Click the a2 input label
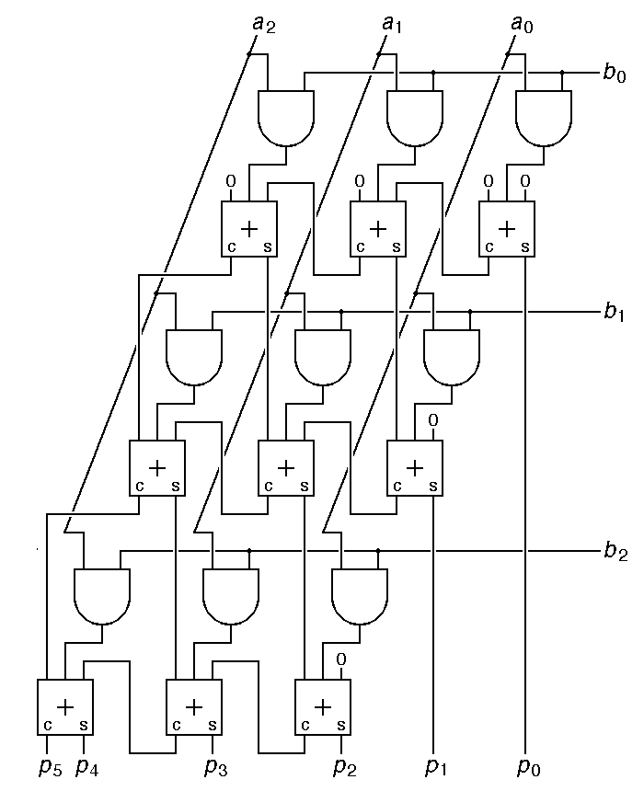[x=263, y=22]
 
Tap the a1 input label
[x=393, y=22]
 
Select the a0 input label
[x=522, y=22]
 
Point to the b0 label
[x=615, y=74]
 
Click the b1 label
[x=615, y=313]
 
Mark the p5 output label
[x=49, y=767]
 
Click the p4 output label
[x=86, y=767]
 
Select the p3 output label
[x=214, y=767]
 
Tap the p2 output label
[x=343, y=767]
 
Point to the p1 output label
[x=435, y=767]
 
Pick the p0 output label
[x=527, y=767]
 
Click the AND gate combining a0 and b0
[x=544, y=117]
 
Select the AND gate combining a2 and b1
[x=194, y=356]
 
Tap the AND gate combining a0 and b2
[x=360, y=595]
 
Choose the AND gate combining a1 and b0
[x=415, y=117]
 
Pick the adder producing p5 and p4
[x=65, y=706]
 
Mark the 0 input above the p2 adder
[x=340, y=659]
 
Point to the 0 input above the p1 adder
[x=432, y=419]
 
